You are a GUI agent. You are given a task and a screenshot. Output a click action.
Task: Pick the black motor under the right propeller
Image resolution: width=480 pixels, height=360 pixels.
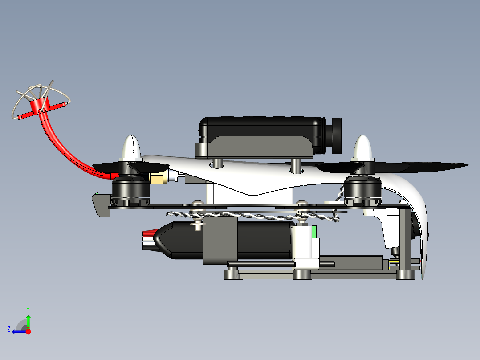363,189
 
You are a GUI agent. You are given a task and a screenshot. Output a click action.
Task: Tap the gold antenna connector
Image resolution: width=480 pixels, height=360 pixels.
158,179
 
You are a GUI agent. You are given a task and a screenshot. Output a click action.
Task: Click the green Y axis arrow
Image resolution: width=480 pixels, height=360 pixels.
28,320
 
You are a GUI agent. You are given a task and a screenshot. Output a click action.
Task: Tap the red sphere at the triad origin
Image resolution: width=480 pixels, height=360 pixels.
28,331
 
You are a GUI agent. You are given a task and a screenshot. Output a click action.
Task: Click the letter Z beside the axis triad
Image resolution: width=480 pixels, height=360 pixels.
9,329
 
